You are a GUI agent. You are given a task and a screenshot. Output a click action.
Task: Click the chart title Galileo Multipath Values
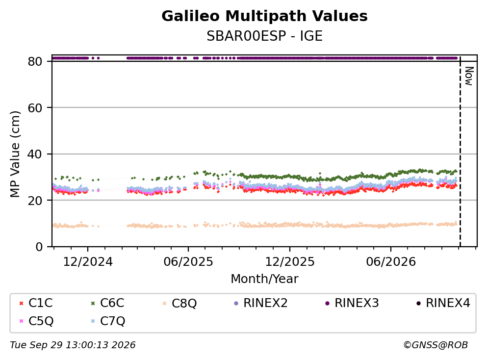click(x=264, y=16)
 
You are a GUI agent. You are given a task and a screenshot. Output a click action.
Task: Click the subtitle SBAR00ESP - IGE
click(x=264, y=36)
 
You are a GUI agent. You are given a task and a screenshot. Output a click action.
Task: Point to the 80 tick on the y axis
click(x=35, y=61)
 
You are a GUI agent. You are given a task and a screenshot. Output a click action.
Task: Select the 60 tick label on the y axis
click(x=35, y=108)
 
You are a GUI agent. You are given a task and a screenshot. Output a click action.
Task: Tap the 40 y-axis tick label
click(x=35, y=154)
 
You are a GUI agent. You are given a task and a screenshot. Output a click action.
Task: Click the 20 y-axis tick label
click(x=35, y=200)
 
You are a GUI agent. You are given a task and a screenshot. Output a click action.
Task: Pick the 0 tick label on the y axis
click(x=39, y=247)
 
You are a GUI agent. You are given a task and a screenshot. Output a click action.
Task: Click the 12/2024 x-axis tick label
click(x=88, y=262)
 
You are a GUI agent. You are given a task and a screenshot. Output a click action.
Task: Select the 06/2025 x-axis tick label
click(x=188, y=262)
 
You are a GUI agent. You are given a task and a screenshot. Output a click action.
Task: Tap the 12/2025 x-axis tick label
click(x=290, y=262)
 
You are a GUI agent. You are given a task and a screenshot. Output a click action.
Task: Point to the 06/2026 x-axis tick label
click(x=391, y=262)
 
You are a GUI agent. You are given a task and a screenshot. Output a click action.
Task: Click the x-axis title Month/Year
click(x=264, y=279)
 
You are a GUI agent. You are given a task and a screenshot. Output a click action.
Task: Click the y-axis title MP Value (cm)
click(x=15, y=154)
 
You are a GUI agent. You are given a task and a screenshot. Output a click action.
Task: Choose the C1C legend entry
click(x=36, y=303)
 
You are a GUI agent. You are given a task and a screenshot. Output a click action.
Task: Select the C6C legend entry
click(x=107, y=303)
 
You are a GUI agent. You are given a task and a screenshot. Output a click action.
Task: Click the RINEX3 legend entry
click(x=352, y=303)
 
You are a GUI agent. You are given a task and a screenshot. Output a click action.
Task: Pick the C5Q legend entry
click(x=36, y=321)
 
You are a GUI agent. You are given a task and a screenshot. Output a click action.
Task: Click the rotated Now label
click(x=469, y=76)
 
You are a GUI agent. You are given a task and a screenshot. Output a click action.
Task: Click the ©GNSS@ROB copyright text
click(x=436, y=345)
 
